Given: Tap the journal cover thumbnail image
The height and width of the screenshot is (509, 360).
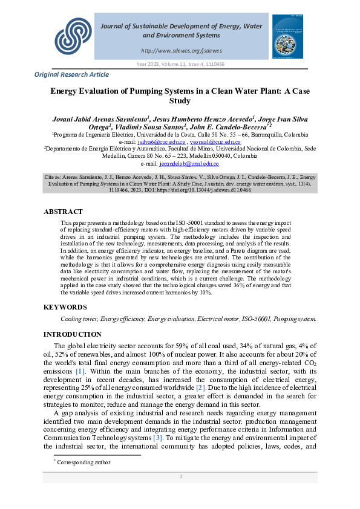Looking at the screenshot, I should (x=288, y=37).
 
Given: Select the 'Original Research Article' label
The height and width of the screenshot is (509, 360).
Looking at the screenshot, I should (x=72, y=74).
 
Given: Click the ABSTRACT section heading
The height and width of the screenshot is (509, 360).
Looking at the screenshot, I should (x=63, y=212).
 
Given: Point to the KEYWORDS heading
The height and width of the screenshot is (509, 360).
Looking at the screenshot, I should (x=65, y=307).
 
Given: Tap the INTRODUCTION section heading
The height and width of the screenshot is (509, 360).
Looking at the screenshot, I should (x=73, y=334).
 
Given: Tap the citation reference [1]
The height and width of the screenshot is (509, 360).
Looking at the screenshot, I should (x=80, y=371).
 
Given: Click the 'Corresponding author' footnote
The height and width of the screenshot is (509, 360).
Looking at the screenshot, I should (x=83, y=462).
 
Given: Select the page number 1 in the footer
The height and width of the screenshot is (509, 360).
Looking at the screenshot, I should (x=180, y=477).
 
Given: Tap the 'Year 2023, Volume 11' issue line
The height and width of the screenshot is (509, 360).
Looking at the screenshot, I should (x=180, y=64).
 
